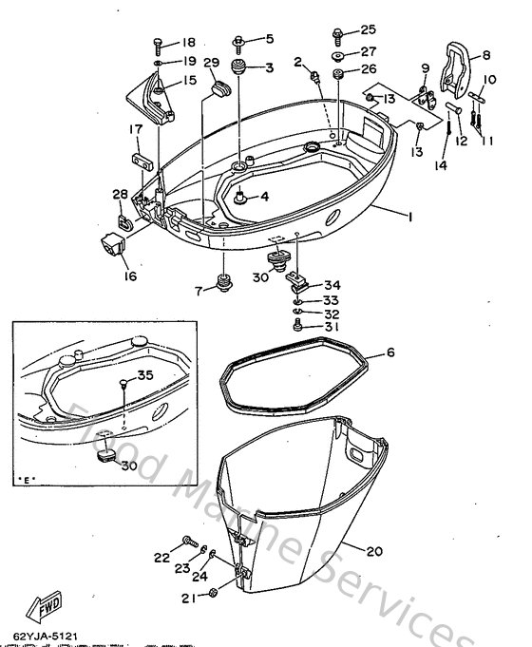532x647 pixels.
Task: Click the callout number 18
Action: (187, 43)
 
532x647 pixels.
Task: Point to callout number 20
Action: (372, 548)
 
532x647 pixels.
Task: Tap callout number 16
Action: (128, 276)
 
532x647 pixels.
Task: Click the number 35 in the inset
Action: (145, 376)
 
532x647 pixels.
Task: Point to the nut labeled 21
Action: (215, 596)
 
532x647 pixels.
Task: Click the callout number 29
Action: (211, 64)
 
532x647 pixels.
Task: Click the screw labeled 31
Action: (300, 326)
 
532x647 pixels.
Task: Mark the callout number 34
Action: (332, 285)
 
